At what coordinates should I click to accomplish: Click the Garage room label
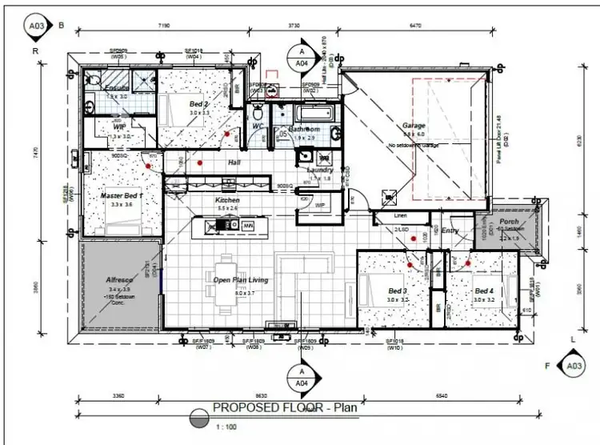tap(414, 126)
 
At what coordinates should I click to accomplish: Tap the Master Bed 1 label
tap(122, 195)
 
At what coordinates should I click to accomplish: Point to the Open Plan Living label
tap(240, 280)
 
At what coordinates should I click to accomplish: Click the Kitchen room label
tap(227, 200)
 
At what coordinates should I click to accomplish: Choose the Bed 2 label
tap(199, 104)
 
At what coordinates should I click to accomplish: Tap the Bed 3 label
tap(398, 291)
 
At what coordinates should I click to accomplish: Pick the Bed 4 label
tap(483, 291)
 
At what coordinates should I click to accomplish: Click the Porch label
tap(509, 222)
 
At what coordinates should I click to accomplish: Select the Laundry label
tap(319, 170)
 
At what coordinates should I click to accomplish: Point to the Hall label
tap(234, 162)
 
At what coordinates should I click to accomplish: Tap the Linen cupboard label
tap(402, 216)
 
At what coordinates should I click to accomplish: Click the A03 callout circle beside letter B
tap(36, 26)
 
